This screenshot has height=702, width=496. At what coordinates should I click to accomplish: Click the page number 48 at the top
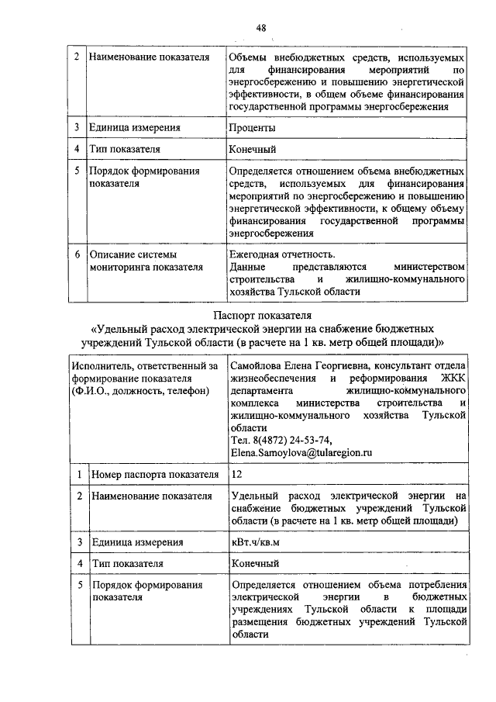click(261, 29)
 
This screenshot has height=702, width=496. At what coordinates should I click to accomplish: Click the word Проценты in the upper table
click(252, 127)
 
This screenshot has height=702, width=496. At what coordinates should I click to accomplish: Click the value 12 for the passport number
click(236, 472)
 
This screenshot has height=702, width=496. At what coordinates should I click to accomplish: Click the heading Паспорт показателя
click(262, 316)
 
